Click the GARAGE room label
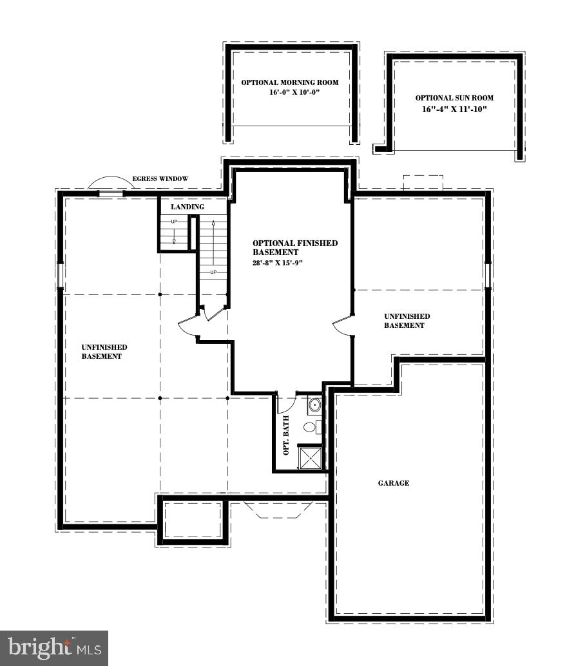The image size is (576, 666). coord(393,483)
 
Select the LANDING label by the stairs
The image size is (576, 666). coord(187,207)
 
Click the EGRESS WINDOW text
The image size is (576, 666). coord(160,179)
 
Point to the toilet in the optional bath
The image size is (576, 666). coord(309,427)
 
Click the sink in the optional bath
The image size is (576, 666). coord(314,405)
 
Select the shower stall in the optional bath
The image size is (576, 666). coord(311,458)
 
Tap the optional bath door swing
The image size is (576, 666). coord(285,403)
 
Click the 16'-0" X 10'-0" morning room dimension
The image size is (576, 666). coord(290,93)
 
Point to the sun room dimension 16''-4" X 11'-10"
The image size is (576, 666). coord(454,109)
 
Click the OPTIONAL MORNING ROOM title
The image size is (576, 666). coord(290,82)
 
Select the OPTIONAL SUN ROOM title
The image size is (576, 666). coord(454,98)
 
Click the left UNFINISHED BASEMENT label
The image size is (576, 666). coord(104,352)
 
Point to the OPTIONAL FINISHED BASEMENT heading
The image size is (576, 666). coord(294,247)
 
